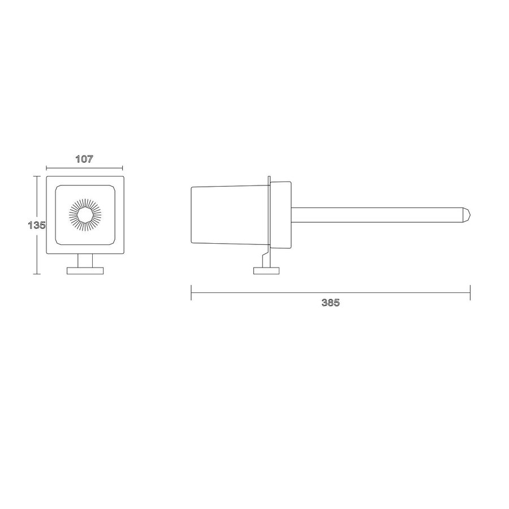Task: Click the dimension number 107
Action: point(84,159)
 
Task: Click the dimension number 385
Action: point(330,303)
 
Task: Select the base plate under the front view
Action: point(85,271)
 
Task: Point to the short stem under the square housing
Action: point(85,260)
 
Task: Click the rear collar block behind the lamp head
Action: point(281,215)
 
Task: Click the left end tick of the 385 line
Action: point(191,293)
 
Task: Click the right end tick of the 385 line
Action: point(471,293)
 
